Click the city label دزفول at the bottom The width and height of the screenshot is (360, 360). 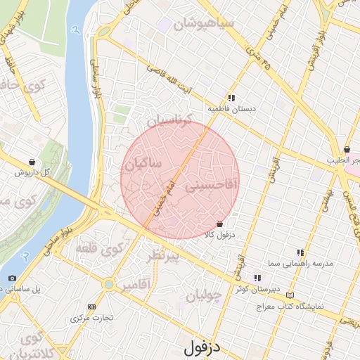pyautogui.click(x=202, y=347)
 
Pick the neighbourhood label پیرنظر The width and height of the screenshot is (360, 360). pyautogui.click(x=162, y=255)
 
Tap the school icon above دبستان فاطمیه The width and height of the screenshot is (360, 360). pyautogui.click(x=231, y=98)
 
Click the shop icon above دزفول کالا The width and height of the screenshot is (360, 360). pyautogui.click(x=220, y=223)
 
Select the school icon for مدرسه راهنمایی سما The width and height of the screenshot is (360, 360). pyautogui.click(x=300, y=252)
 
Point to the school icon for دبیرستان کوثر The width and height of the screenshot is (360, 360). pyautogui.click(x=257, y=278)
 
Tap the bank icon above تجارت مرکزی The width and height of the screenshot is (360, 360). pyautogui.click(x=91, y=307)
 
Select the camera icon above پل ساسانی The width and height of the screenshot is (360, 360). pyautogui.click(x=11, y=278)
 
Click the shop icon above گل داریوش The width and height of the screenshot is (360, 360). pyautogui.click(x=32, y=162)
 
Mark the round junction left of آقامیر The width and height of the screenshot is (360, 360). pyautogui.click(x=108, y=284)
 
